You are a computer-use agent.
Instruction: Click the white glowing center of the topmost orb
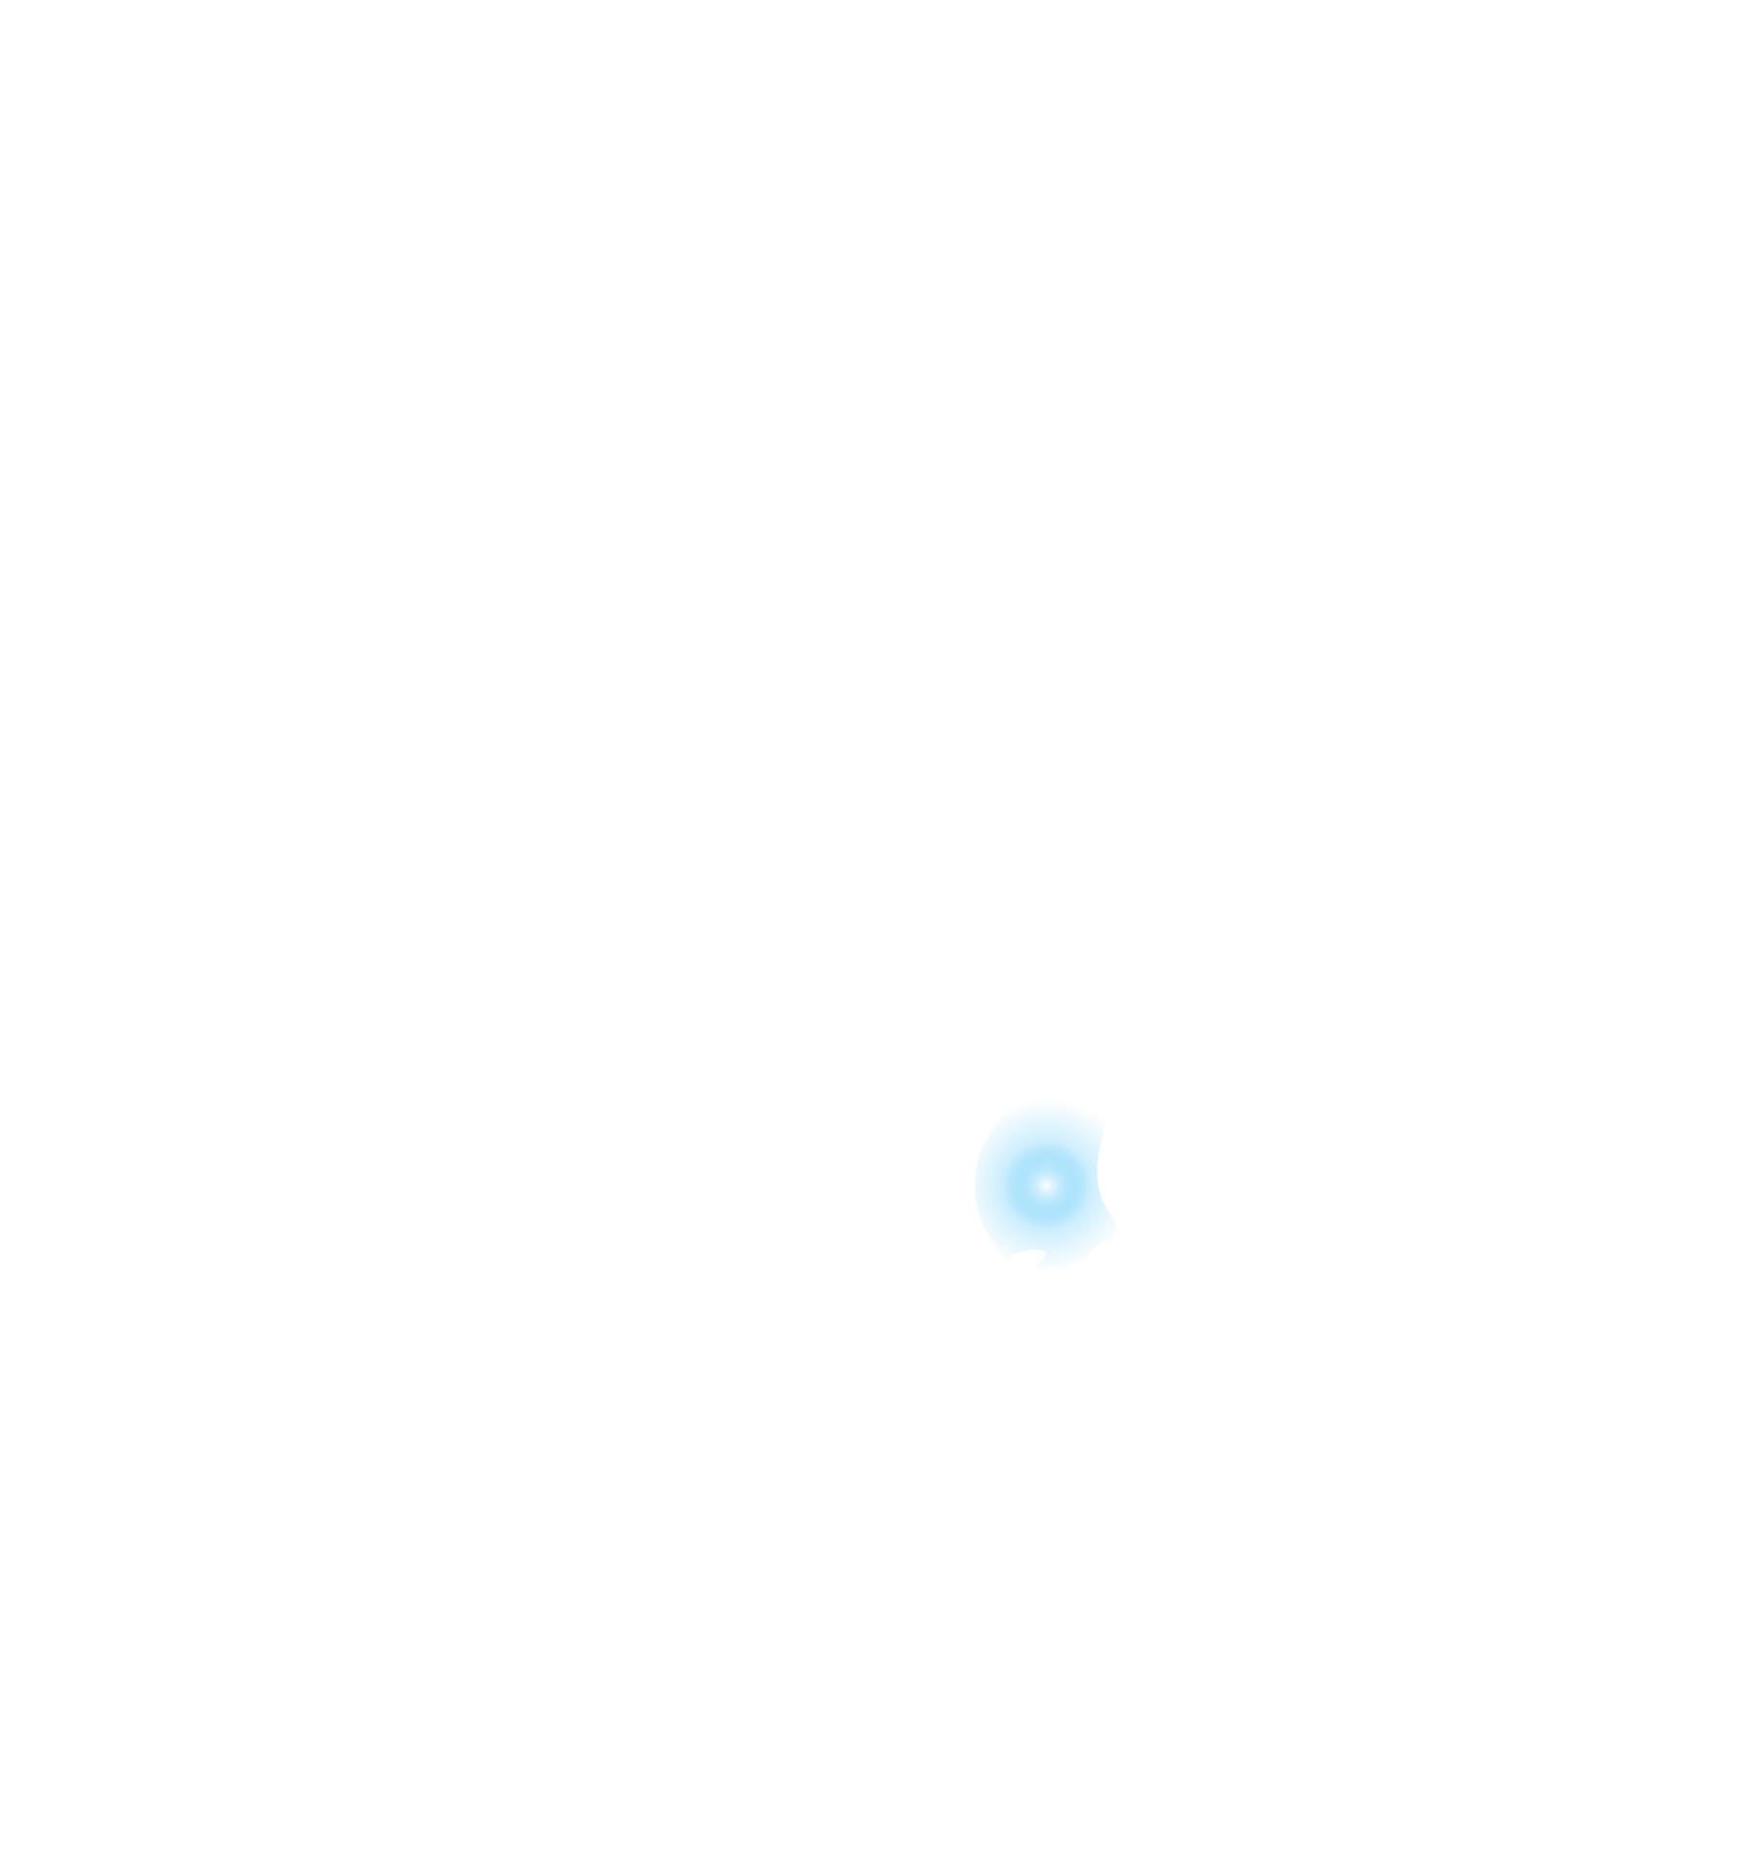point(1045,1185)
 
